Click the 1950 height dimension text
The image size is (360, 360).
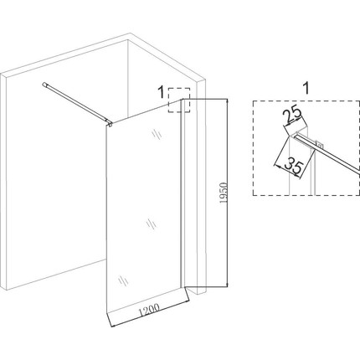[224, 193]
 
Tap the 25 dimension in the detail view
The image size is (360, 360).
[292, 115]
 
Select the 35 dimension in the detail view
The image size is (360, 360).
[294, 167]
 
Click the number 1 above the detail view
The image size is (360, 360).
[306, 88]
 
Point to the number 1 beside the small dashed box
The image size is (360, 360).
[161, 92]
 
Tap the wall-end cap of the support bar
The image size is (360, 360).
[44, 85]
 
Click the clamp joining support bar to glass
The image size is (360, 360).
[110, 123]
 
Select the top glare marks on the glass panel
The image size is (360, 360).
[157, 135]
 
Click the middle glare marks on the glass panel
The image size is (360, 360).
[152, 224]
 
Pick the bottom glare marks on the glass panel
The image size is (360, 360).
[123, 280]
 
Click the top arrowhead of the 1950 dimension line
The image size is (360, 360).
[228, 101]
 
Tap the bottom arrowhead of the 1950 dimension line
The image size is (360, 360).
[228, 284]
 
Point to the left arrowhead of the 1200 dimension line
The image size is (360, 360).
[113, 326]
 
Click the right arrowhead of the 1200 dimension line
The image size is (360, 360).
[187, 301]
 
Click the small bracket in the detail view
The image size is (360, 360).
[319, 145]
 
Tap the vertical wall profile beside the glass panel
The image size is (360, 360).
[183, 193]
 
